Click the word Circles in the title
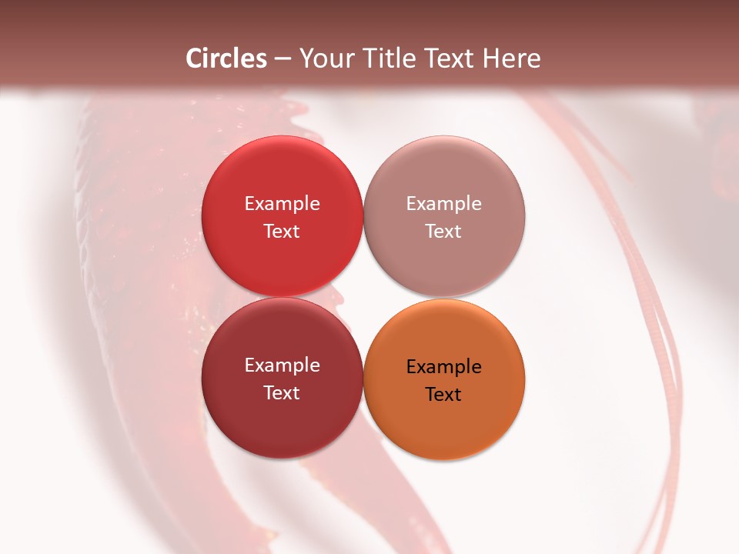(226, 58)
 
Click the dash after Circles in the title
(283, 59)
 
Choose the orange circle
(443, 427)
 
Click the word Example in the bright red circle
(282, 204)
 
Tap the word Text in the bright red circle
(282, 231)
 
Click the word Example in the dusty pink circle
(443, 204)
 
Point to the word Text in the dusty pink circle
(443, 231)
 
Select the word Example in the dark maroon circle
(282, 365)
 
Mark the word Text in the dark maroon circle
(282, 392)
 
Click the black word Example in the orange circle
(443, 367)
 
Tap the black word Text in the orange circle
(443, 394)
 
